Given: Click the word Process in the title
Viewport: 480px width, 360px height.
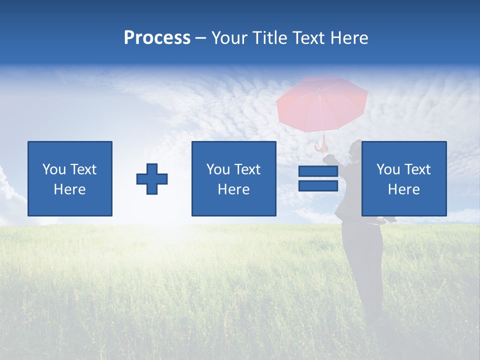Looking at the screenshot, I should click(x=157, y=38).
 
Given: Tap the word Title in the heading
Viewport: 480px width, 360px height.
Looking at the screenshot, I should click(x=268, y=38).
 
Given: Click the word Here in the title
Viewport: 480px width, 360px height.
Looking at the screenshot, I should click(x=348, y=38).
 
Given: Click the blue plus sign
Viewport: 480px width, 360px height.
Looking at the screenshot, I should click(x=152, y=178).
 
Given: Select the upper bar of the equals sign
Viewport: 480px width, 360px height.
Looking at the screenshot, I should click(x=318, y=171).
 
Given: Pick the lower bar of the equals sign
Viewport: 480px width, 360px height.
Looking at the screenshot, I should click(x=318, y=185).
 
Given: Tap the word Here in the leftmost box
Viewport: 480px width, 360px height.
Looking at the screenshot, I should click(x=69, y=189).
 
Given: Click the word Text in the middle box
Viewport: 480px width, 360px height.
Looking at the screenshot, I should click(x=247, y=169).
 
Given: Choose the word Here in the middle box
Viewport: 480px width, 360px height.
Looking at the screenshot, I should click(x=233, y=189).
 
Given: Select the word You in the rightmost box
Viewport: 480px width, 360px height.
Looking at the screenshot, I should click(x=388, y=169).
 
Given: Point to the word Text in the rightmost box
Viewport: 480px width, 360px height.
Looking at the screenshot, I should click(x=417, y=169).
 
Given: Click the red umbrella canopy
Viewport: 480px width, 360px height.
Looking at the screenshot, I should click(x=322, y=102).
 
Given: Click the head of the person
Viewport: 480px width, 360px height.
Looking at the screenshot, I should click(x=355, y=150).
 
